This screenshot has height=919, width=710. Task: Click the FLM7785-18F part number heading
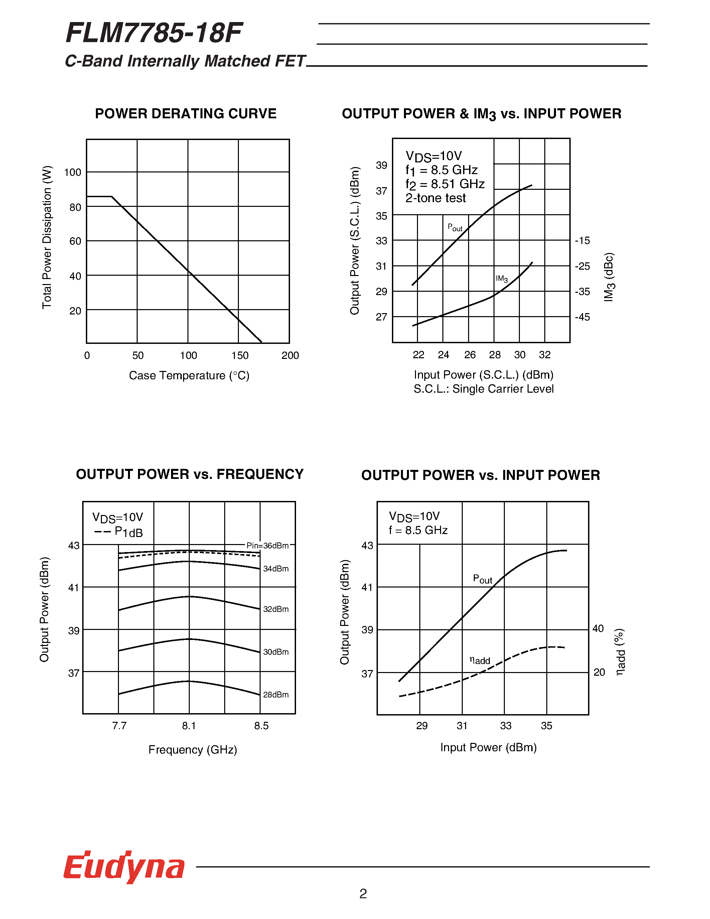coord(154,33)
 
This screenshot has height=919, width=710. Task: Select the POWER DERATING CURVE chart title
coord(185,114)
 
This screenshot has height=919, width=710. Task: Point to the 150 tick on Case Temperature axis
coord(240,356)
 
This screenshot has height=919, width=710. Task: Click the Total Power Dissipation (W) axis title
coord(47,237)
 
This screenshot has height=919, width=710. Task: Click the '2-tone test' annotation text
coord(435,198)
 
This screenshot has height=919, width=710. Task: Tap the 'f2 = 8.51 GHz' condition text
coord(445,184)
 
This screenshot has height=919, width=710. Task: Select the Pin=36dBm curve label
coord(268,545)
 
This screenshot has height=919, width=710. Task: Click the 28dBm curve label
coord(276,695)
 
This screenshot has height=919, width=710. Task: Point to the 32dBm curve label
coord(276,609)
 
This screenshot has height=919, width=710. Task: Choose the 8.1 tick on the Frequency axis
coord(189,726)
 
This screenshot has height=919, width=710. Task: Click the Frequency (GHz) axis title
coord(193,750)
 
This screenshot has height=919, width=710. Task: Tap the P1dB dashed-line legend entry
coord(119,532)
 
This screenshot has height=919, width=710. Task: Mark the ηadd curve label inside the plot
coord(479,660)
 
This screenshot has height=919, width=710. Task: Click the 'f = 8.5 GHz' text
coord(418,530)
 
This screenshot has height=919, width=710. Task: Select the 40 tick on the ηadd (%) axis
coord(598,629)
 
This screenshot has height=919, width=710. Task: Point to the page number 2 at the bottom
coord(363,893)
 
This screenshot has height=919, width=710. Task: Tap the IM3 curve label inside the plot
coord(502,279)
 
